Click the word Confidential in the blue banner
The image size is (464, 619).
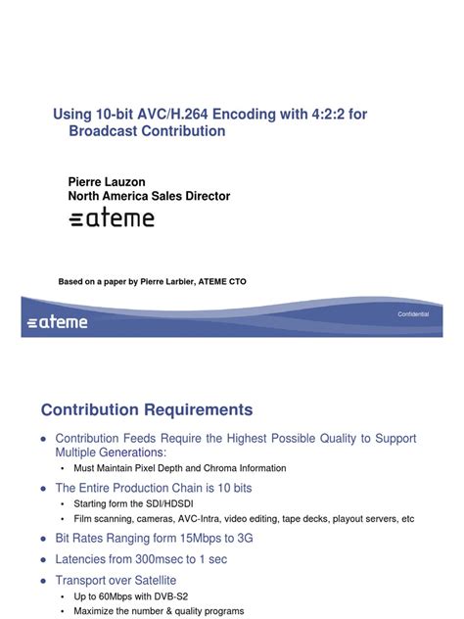[x=413, y=313]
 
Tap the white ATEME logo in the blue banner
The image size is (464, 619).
[x=58, y=321]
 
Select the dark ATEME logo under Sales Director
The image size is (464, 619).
[x=112, y=218]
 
